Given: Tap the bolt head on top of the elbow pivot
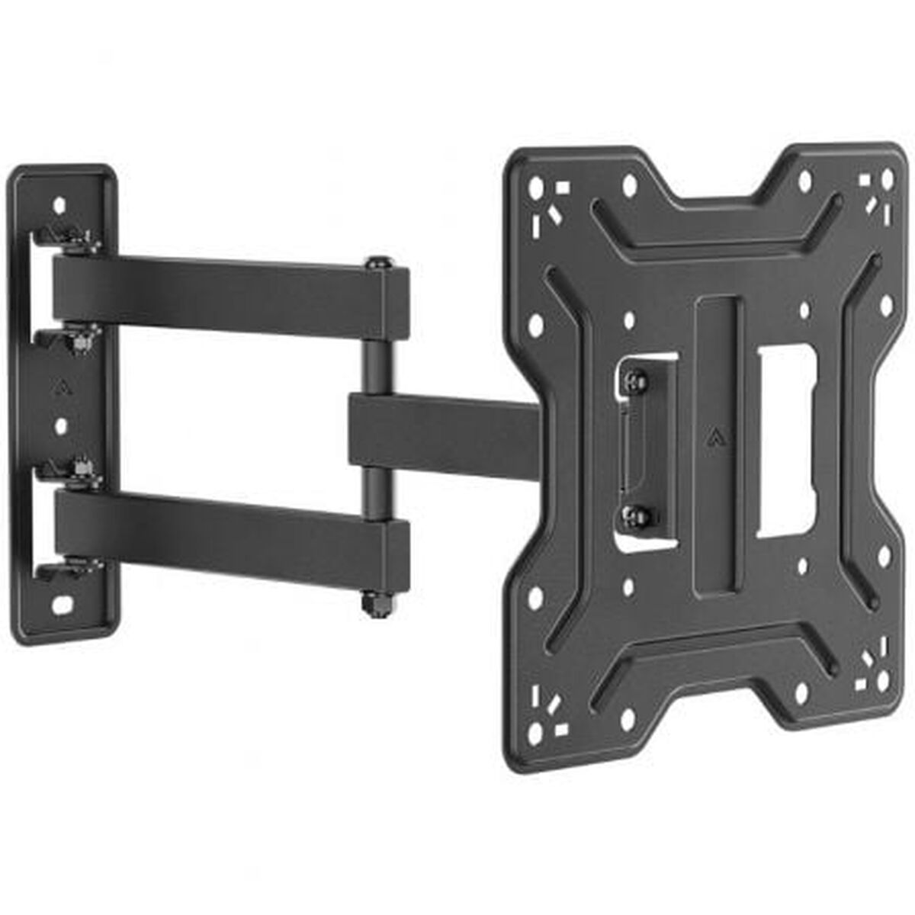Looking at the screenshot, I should [378, 264].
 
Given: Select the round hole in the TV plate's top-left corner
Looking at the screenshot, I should [537, 185].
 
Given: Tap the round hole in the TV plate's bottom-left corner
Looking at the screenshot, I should [537, 733].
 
